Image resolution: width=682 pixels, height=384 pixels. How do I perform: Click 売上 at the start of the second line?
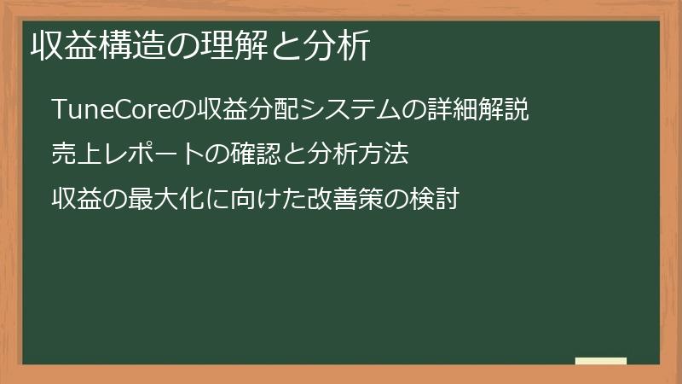click(x=67, y=155)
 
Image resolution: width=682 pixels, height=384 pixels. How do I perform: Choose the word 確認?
click(x=246, y=155)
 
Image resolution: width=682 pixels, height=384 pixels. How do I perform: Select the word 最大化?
click(x=149, y=200)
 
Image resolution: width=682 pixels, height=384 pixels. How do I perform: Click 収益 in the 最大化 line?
click(x=67, y=200)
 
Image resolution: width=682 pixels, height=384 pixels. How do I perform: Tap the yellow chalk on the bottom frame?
click(x=601, y=362)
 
